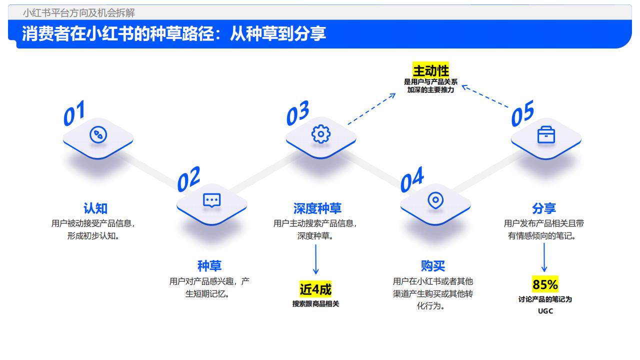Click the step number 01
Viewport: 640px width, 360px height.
[74, 113]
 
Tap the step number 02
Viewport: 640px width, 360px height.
[188, 179]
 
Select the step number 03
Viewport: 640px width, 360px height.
[297, 113]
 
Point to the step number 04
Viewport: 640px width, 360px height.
[412, 179]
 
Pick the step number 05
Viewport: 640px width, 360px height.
[522, 113]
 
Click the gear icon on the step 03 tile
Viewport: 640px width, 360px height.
[321, 133]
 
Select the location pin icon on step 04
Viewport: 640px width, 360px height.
[435, 200]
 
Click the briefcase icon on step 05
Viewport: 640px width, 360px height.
[546, 134]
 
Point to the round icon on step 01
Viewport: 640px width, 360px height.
[98, 134]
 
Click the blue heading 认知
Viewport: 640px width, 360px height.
[95, 208]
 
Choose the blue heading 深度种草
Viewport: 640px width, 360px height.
[317, 208]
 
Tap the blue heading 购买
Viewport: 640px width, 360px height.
[433, 266]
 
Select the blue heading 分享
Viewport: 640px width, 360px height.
[544, 208]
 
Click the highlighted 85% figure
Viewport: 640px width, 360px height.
[545, 284]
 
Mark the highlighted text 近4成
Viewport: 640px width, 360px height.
[315, 289]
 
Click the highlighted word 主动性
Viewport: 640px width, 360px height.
[430, 70]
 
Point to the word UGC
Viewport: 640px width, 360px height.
[545, 311]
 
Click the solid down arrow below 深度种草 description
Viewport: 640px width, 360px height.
[315, 259]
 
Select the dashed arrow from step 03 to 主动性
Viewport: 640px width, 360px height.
[371, 109]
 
